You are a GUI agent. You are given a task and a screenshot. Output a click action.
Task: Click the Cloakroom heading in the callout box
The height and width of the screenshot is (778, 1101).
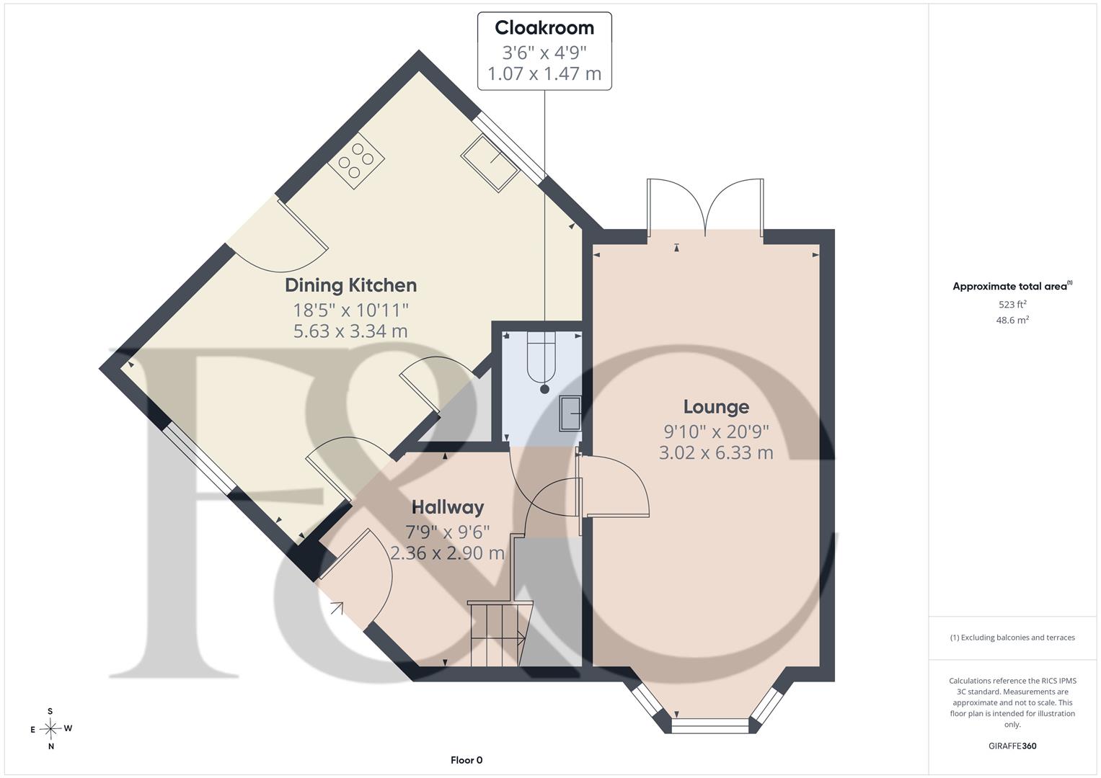544,28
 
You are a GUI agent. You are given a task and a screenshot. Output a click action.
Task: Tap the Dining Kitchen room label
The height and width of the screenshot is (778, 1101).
351,285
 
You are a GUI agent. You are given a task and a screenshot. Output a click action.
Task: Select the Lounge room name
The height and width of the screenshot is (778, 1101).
716,407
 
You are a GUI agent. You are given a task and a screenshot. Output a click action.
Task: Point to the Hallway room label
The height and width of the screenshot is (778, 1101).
448,507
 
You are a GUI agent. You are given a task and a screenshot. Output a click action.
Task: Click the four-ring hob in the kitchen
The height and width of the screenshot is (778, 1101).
356,160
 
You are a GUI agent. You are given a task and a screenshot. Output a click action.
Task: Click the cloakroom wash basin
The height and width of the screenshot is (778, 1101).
570,413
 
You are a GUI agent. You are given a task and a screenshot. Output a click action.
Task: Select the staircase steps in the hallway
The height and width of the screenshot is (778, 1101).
500,634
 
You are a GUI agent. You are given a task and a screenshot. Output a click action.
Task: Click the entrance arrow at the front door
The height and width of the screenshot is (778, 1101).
337,609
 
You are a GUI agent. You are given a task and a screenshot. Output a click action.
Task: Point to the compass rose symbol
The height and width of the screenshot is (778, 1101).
50,728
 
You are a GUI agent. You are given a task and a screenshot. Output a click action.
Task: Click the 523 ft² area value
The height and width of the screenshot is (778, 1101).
1012,304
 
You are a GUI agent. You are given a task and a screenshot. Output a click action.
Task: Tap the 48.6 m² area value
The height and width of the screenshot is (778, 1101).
1012,320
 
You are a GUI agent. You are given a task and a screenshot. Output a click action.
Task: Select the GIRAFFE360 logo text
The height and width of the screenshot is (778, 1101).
1012,746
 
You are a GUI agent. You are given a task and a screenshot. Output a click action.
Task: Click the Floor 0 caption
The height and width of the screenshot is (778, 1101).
467,760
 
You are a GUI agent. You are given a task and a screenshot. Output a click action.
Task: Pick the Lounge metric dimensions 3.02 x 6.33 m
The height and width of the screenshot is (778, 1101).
716,452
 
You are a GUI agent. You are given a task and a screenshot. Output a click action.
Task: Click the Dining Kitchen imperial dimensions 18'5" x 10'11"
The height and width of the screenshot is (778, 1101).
351,310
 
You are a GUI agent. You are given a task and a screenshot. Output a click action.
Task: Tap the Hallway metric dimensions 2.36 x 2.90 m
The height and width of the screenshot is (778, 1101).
448,553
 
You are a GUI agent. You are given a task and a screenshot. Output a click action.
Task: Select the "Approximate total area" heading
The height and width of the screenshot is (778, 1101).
1012,287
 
